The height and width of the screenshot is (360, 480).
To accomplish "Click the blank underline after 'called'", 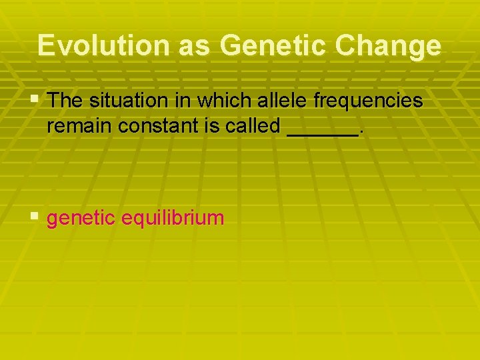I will pyautogui.click(x=321, y=133).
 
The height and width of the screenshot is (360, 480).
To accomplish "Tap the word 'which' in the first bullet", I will pyautogui.click(x=217, y=101).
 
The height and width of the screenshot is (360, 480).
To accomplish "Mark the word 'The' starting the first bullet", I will pyautogui.click(x=64, y=101).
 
